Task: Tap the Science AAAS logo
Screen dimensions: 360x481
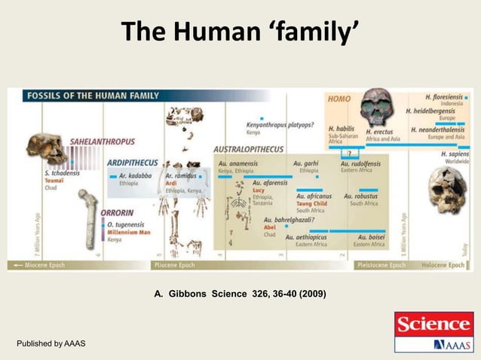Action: [433, 331]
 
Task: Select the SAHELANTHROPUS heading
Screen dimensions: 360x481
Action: [103, 141]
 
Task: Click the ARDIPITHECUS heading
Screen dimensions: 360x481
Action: [133, 162]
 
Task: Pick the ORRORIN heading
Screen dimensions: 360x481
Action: [118, 212]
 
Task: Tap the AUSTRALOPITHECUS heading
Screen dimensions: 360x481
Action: [249, 149]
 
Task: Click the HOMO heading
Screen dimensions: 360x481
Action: [339, 99]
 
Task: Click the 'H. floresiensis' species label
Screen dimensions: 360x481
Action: [447, 98]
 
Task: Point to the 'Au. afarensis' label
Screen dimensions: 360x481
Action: [271, 183]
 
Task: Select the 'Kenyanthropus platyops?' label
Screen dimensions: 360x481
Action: [280, 124]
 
